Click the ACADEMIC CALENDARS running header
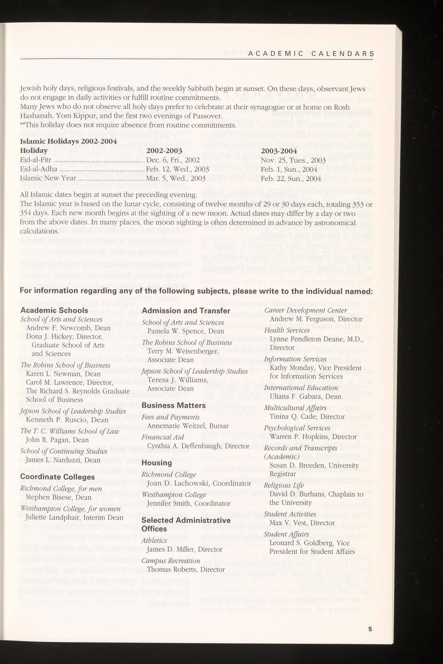tap(311, 54)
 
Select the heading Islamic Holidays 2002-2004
tap(68, 141)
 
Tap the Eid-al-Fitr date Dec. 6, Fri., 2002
tap(173, 160)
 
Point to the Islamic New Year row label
tap(48, 178)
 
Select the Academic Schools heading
tap(54, 310)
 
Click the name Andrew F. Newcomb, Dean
tap(68, 328)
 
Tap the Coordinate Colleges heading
tap(57, 477)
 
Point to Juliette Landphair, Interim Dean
tap(74, 509)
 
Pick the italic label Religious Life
tap(284, 485)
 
